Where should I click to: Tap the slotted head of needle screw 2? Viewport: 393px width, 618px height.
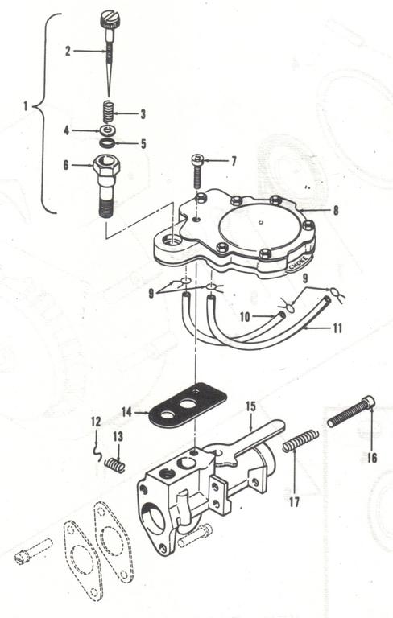click(110, 18)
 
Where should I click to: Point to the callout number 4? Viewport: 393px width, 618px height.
click(67, 130)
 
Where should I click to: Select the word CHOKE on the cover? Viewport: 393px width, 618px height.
click(300, 262)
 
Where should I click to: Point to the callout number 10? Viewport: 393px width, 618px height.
click(244, 318)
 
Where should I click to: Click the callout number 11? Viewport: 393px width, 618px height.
click(337, 328)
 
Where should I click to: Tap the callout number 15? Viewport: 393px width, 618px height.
click(250, 406)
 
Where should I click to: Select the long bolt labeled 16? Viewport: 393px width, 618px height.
click(352, 411)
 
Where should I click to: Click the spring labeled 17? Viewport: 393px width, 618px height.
click(300, 442)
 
